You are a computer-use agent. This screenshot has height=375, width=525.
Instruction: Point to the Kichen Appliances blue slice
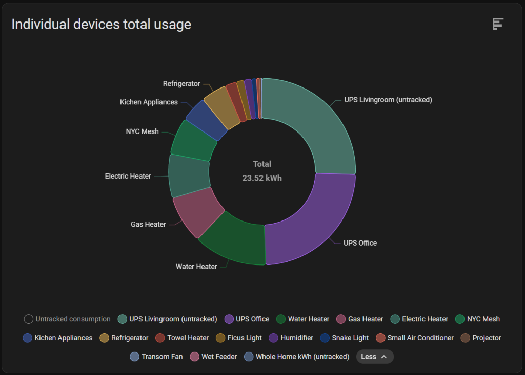(x=207, y=120)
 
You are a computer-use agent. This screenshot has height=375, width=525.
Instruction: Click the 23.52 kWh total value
(x=262, y=178)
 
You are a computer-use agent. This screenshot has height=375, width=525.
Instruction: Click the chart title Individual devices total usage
(x=101, y=24)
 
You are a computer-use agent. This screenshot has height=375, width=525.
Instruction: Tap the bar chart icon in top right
(x=498, y=24)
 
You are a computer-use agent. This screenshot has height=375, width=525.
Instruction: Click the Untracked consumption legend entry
(x=67, y=319)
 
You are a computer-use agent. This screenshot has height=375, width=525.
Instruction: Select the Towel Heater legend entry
(x=182, y=338)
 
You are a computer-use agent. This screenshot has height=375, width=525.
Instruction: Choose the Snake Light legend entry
(x=345, y=338)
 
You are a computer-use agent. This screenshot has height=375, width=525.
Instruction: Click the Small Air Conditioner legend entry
(x=415, y=338)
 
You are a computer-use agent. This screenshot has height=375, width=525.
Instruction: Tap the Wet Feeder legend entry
(x=213, y=356)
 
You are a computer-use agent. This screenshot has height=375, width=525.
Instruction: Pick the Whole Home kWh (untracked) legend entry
(x=297, y=356)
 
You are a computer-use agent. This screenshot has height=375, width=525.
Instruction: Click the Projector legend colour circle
(x=466, y=338)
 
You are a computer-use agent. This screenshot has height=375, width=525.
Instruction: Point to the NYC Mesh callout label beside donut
(x=142, y=131)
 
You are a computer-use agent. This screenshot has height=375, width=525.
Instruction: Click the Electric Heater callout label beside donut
(x=128, y=176)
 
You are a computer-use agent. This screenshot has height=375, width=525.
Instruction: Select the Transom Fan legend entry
(x=156, y=356)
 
